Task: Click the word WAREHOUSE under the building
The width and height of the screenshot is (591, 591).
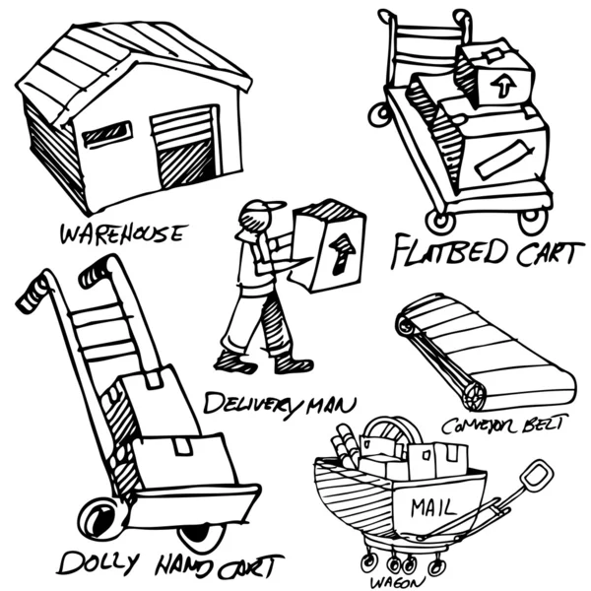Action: point(122,233)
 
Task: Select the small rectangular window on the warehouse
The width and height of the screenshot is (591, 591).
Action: point(106,134)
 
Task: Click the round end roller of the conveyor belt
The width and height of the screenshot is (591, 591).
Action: point(475,394)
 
